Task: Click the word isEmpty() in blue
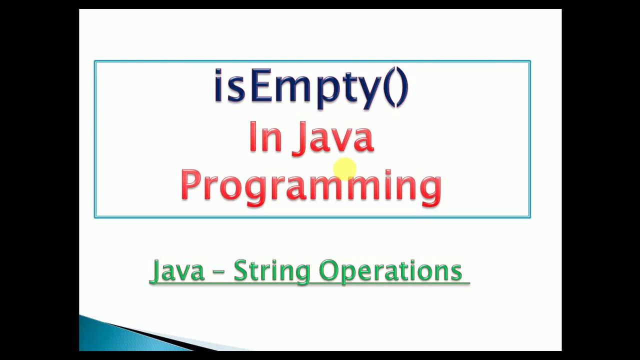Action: (x=311, y=87)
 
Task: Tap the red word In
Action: (x=265, y=136)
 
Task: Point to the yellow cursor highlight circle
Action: (x=344, y=169)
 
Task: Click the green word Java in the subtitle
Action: (x=177, y=270)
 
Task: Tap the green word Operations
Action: (x=390, y=270)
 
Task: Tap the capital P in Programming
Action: (x=190, y=184)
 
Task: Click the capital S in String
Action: (x=240, y=270)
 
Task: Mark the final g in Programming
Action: (x=430, y=189)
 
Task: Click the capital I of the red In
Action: (x=252, y=136)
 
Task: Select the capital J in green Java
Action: (x=156, y=271)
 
